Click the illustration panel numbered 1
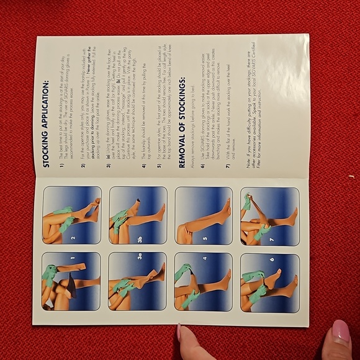click(70, 281)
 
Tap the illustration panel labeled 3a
click(137, 281)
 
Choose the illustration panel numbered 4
click(203, 281)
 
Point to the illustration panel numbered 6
click(269, 281)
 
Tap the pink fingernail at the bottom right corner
click(340, 333)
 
